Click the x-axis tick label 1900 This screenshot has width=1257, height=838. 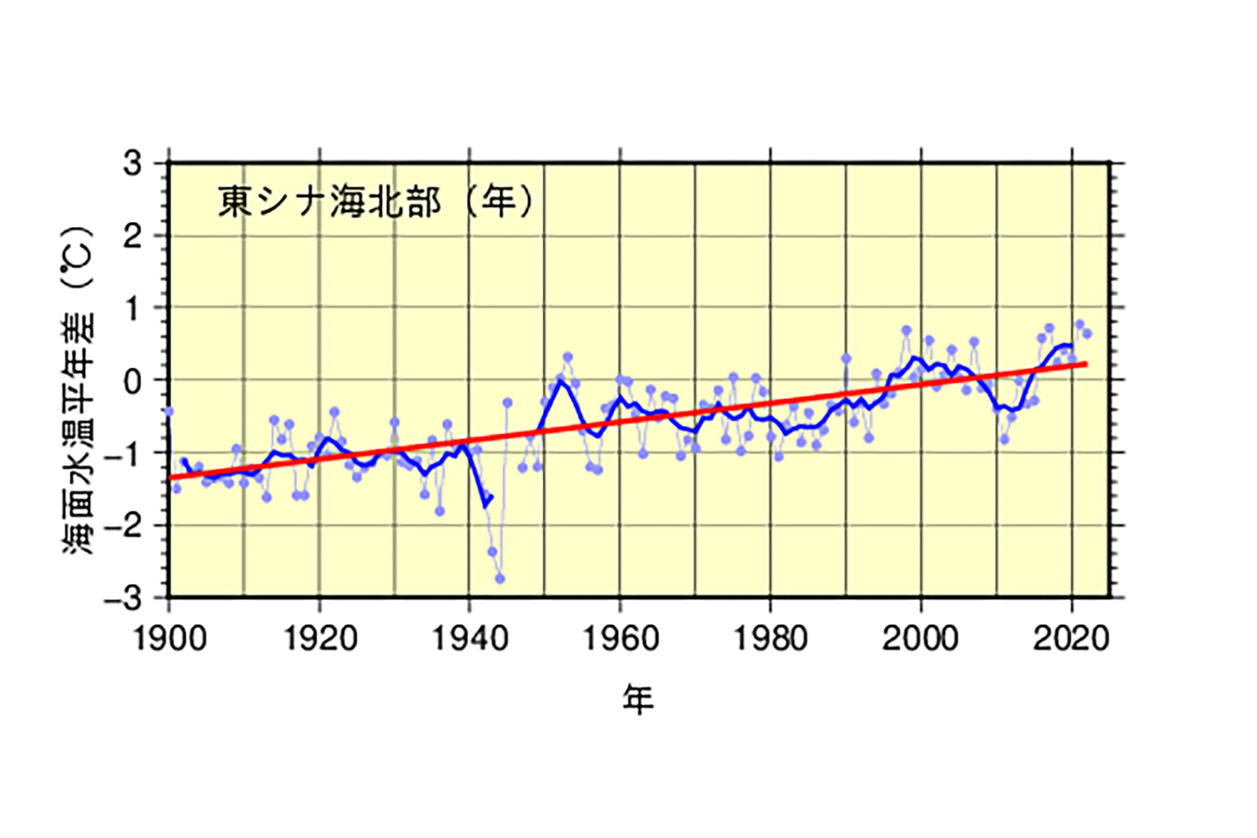(170, 639)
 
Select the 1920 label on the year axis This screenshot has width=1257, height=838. (320, 639)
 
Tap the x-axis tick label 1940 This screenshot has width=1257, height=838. (470, 639)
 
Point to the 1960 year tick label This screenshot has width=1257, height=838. (620, 639)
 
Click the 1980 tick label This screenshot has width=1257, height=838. (770, 639)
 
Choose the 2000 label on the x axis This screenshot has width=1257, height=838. (920, 639)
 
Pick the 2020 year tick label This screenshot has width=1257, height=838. (1071, 639)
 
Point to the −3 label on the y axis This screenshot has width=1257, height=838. (124, 598)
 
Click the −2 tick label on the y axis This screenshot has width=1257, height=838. (124, 525)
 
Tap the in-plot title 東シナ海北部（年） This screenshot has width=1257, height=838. (376, 202)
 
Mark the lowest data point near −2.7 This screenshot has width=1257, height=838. (500, 579)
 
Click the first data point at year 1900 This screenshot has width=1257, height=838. (169, 412)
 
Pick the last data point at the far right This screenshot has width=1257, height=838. (1087, 334)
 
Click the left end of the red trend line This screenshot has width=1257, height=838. (170, 478)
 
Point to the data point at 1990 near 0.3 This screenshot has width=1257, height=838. (846, 358)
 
